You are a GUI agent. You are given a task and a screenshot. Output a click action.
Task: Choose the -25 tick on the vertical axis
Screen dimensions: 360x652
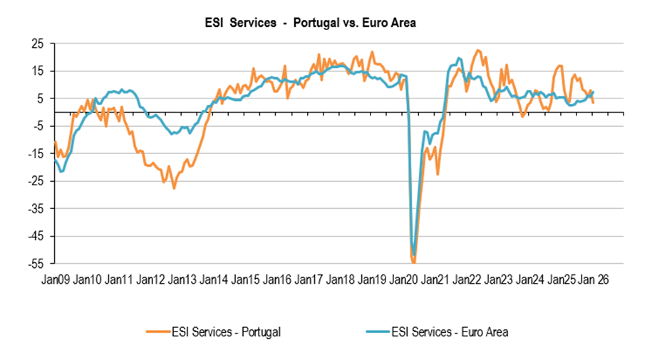click(x=35, y=181)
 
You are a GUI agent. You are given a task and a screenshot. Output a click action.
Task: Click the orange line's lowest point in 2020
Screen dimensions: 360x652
click(x=414, y=262)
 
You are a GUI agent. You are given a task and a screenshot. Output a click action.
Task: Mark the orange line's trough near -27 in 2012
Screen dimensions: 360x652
click(x=174, y=187)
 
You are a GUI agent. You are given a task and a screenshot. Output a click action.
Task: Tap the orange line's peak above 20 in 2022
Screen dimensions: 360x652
click(x=477, y=51)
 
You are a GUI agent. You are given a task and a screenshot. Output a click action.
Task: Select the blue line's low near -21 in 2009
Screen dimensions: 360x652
click(x=61, y=172)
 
